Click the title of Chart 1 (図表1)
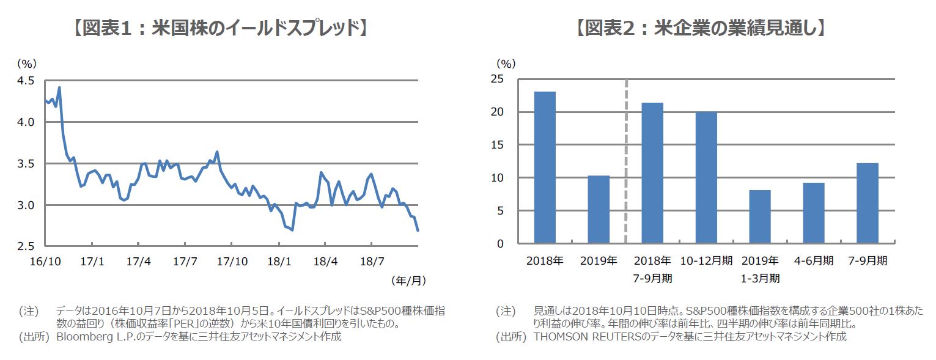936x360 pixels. (x=219, y=28)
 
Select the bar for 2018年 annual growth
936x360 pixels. (x=545, y=167)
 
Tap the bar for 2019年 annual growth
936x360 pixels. (x=599, y=210)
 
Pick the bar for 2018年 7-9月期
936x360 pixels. (x=652, y=173)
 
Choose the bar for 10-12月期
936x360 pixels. (x=706, y=177)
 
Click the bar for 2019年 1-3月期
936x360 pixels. (x=760, y=217)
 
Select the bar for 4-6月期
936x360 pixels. (x=814, y=213)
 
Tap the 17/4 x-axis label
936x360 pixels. (x=138, y=261)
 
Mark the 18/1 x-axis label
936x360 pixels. (x=278, y=261)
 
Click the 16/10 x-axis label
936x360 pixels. (x=45, y=261)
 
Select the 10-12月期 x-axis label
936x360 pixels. (x=706, y=260)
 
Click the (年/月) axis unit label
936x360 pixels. (x=408, y=281)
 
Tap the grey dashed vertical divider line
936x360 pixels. (x=626, y=162)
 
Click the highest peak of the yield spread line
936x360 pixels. (x=59, y=87)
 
